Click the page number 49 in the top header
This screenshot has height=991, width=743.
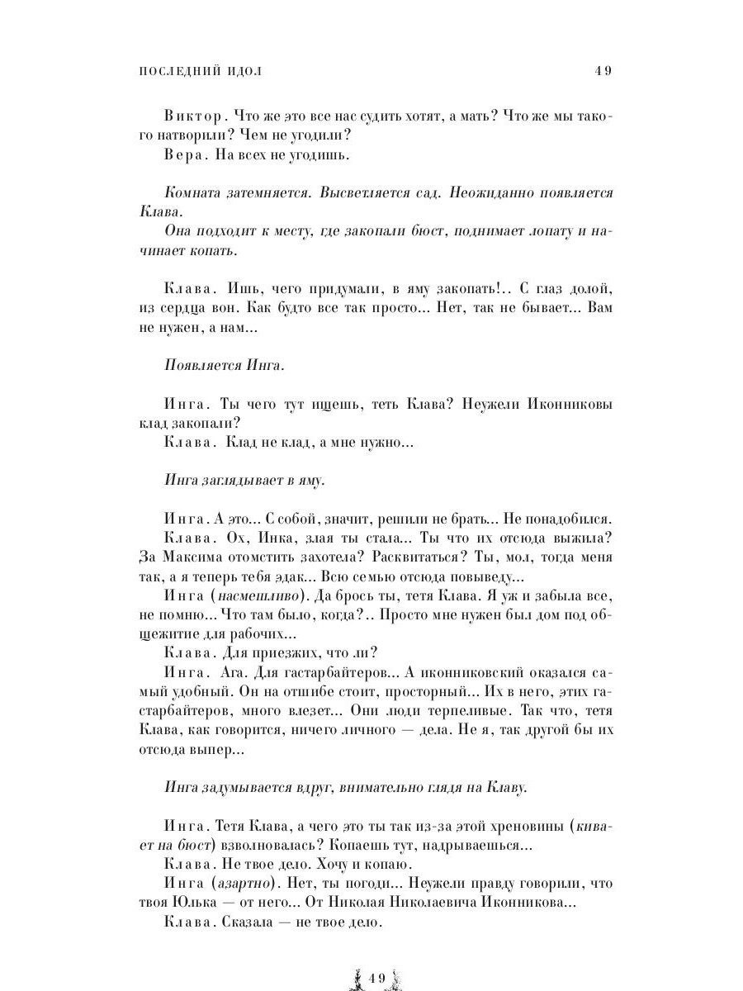pos(602,71)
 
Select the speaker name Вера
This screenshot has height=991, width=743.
pos(182,154)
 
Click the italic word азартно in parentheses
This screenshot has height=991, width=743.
pos(245,883)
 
